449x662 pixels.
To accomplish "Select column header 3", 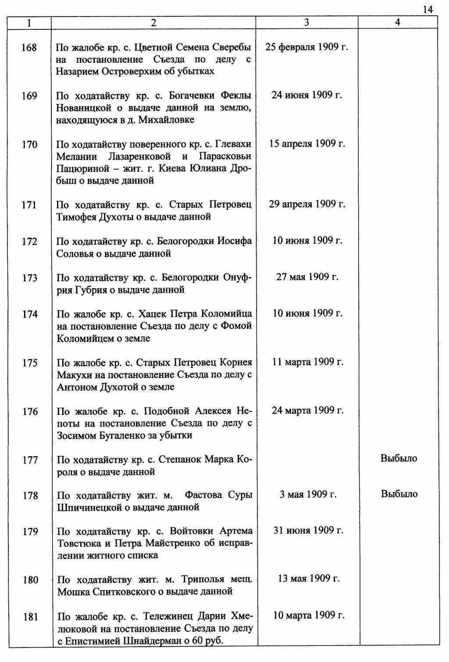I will [x=306, y=23].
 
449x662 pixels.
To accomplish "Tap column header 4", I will [x=397, y=23].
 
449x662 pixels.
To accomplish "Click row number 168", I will [x=29, y=47].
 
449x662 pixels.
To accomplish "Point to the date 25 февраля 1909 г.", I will [x=306, y=47].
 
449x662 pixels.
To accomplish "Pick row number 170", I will [x=29, y=145].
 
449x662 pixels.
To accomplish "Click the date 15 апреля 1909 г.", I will [x=306, y=144].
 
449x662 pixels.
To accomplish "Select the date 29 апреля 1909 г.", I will [x=306, y=204].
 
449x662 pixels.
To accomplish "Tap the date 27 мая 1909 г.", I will [x=306, y=277].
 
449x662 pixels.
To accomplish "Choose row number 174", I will [x=29, y=314].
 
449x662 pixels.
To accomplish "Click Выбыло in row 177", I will [x=399, y=459].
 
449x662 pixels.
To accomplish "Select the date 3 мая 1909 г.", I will [x=308, y=495].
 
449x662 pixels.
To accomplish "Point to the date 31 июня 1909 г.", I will [x=308, y=530].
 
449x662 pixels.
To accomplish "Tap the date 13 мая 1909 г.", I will [x=308, y=579].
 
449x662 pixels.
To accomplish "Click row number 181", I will [x=30, y=617].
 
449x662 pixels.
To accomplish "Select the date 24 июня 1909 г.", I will [x=306, y=95].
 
